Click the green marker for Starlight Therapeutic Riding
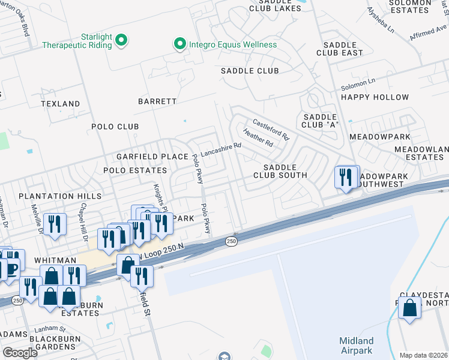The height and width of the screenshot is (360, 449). coord(122,40)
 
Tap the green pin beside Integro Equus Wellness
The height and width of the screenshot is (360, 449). coord(178,44)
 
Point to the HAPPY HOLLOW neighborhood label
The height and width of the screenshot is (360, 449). coord(375,97)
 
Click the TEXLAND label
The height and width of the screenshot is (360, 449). coord(60,104)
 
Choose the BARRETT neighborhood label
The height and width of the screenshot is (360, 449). coord(157,101)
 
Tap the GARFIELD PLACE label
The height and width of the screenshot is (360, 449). coord(152,157)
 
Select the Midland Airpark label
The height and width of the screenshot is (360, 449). coord(356,346)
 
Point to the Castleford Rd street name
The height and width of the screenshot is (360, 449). coord(270,128)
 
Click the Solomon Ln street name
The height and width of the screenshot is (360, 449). coord(358,82)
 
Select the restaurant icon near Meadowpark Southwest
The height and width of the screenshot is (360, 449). coord(346,177)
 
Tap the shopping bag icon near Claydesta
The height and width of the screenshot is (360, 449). coord(410,308)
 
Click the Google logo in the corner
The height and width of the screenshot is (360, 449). coord(20,352)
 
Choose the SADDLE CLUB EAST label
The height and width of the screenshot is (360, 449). coord(343,49)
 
